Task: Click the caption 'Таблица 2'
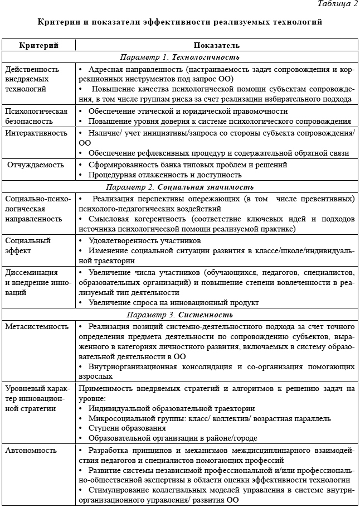tap(337, 4)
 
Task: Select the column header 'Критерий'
tap(39, 45)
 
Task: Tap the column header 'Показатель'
tap(217, 45)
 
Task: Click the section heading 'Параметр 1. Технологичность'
tap(179, 57)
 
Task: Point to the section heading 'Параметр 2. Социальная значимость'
tap(179, 187)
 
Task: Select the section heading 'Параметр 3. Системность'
tap(179, 314)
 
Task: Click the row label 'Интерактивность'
tap(36, 133)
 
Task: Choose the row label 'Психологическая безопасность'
tap(36, 115)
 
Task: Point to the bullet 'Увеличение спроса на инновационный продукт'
tap(173, 303)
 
